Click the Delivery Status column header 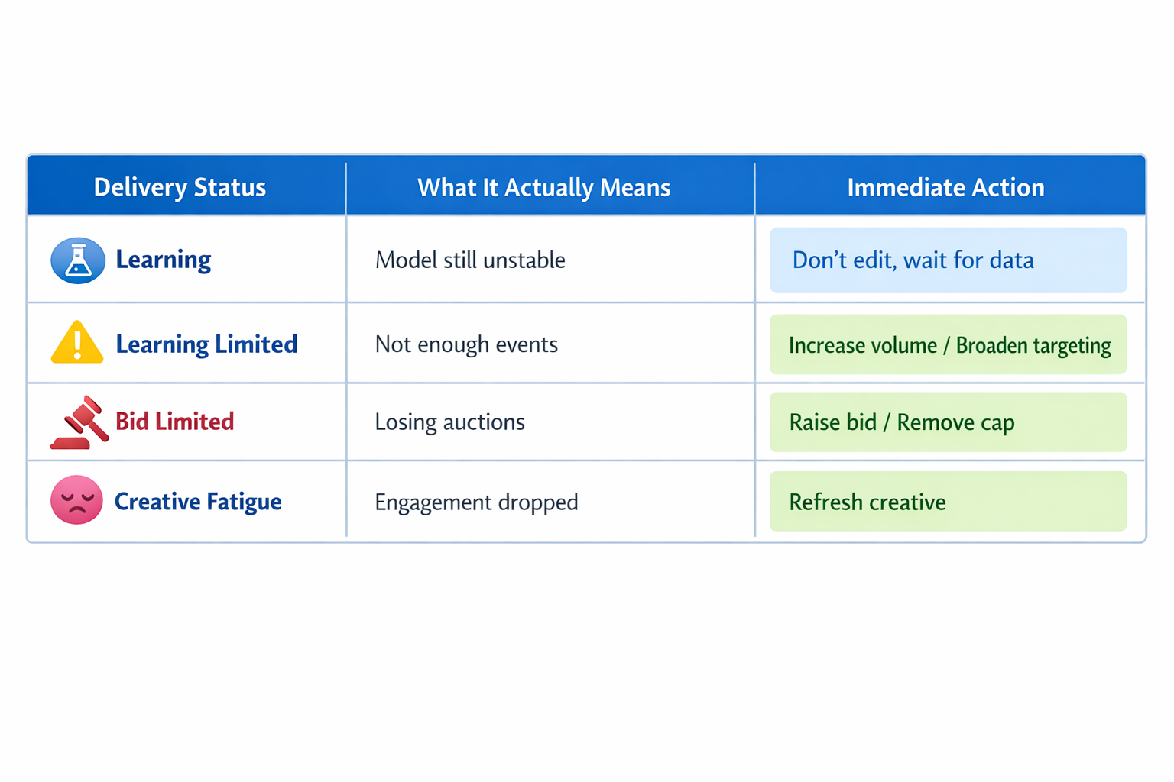(x=180, y=187)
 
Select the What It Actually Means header (x=543, y=187)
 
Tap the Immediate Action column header (x=945, y=187)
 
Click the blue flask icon (x=77, y=260)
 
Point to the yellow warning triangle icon (x=77, y=343)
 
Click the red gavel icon (x=80, y=422)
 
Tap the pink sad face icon (x=76, y=500)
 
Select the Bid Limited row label (x=174, y=422)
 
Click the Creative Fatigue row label (x=198, y=502)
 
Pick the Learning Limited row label (x=206, y=344)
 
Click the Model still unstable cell (x=470, y=260)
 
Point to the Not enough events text (x=466, y=344)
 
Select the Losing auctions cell (x=449, y=422)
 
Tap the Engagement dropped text (x=476, y=502)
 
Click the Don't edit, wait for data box (x=948, y=260)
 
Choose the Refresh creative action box (x=948, y=502)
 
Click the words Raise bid (x=832, y=422)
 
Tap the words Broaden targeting (x=1033, y=346)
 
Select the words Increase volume (x=862, y=346)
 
